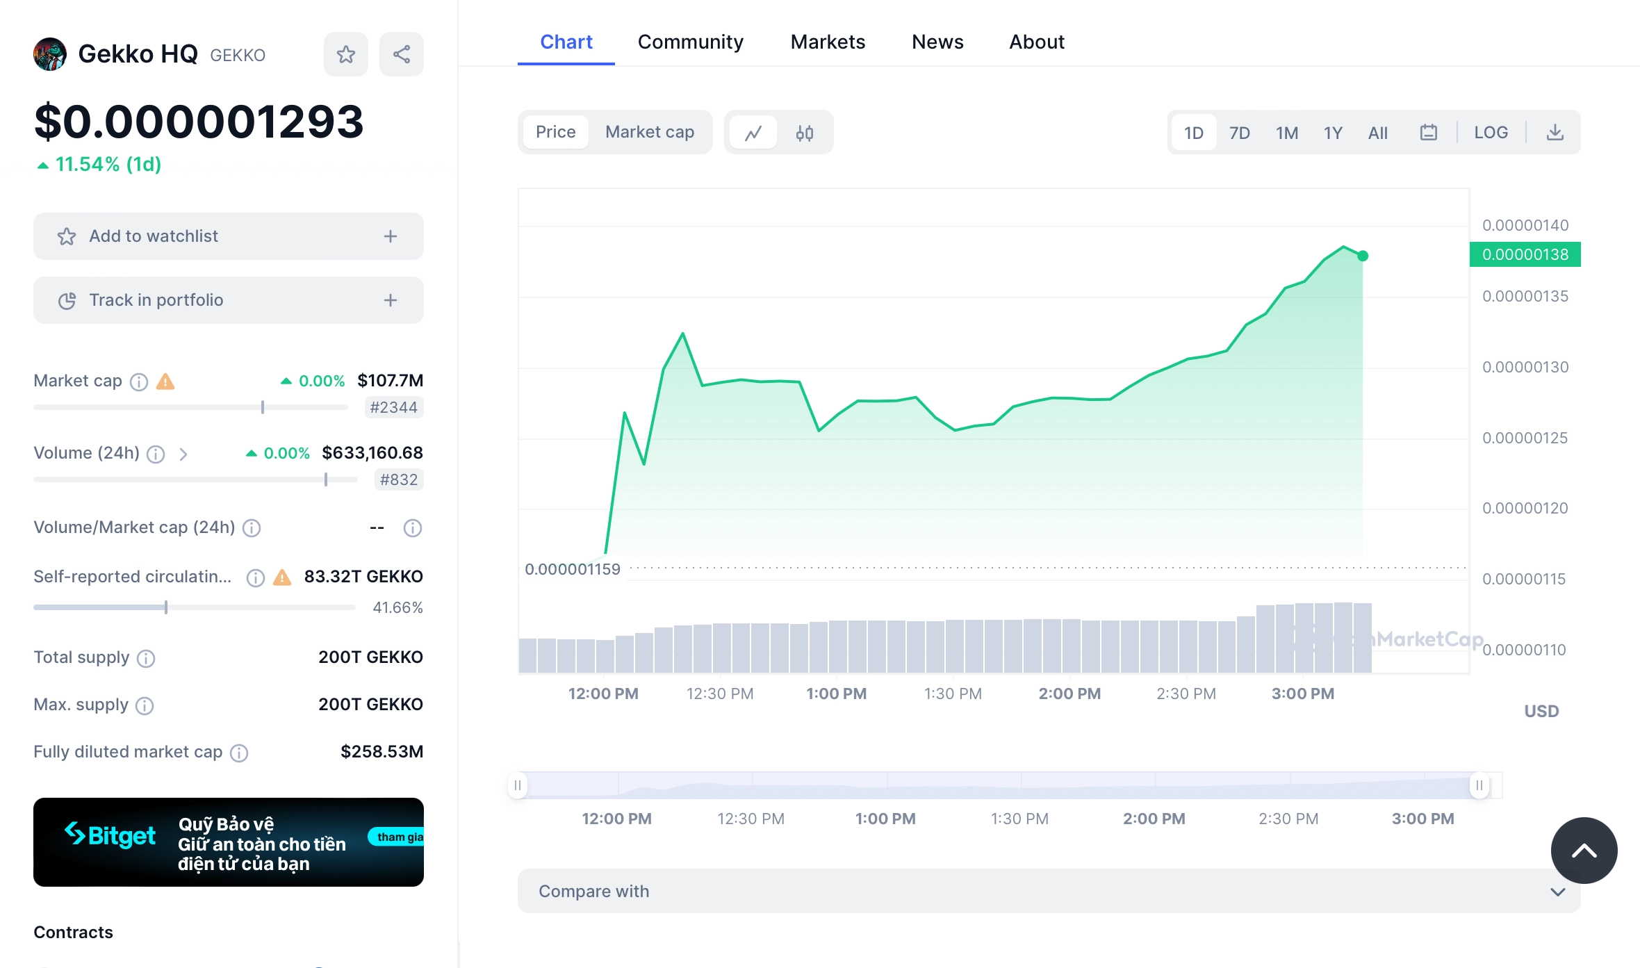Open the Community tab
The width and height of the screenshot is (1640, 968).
[690, 42]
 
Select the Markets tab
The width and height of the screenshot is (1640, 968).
[828, 42]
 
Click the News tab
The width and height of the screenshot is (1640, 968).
[937, 42]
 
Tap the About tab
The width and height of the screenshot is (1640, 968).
[1036, 42]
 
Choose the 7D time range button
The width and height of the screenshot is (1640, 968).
[1239, 133]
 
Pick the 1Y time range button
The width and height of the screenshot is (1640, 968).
[1332, 133]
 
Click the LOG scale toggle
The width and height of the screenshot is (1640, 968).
[1491, 133]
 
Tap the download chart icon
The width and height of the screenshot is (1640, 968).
[1555, 133]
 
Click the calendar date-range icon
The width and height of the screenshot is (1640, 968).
[1428, 133]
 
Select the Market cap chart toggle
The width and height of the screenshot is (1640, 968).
[649, 132]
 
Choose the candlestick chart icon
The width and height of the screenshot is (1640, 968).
[804, 133]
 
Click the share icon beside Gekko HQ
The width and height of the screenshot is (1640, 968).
[401, 54]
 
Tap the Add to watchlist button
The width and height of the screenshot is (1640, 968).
[228, 236]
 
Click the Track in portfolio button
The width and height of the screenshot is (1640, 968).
[228, 300]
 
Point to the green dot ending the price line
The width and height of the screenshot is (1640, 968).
[1362, 256]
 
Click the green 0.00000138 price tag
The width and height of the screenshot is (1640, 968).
[1525, 254]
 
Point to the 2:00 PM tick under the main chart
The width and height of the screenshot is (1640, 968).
[1069, 694]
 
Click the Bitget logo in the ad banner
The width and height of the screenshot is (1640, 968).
[110, 835]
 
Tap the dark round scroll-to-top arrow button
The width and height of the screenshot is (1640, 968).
[1584, 851]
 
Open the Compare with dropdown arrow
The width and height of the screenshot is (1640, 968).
[1557, 892]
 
